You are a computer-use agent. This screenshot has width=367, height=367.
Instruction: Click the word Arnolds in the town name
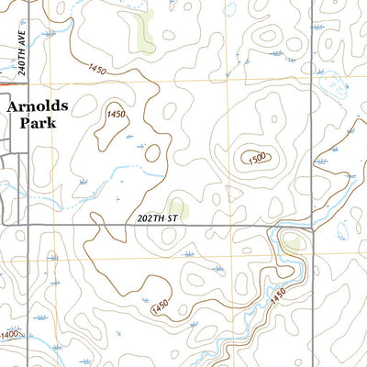coord(39,106)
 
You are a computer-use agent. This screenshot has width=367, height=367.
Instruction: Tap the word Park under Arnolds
coord(33,122)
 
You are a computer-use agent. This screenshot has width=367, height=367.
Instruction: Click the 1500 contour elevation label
coord(258,158)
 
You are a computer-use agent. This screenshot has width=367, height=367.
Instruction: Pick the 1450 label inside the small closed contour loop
coord(116,114)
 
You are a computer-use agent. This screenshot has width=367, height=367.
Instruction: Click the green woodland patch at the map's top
coord(143,32)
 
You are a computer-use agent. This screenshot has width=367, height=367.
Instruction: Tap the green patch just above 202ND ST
coord(177,208)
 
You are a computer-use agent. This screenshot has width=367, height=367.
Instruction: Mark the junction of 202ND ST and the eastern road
coord(312,224)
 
